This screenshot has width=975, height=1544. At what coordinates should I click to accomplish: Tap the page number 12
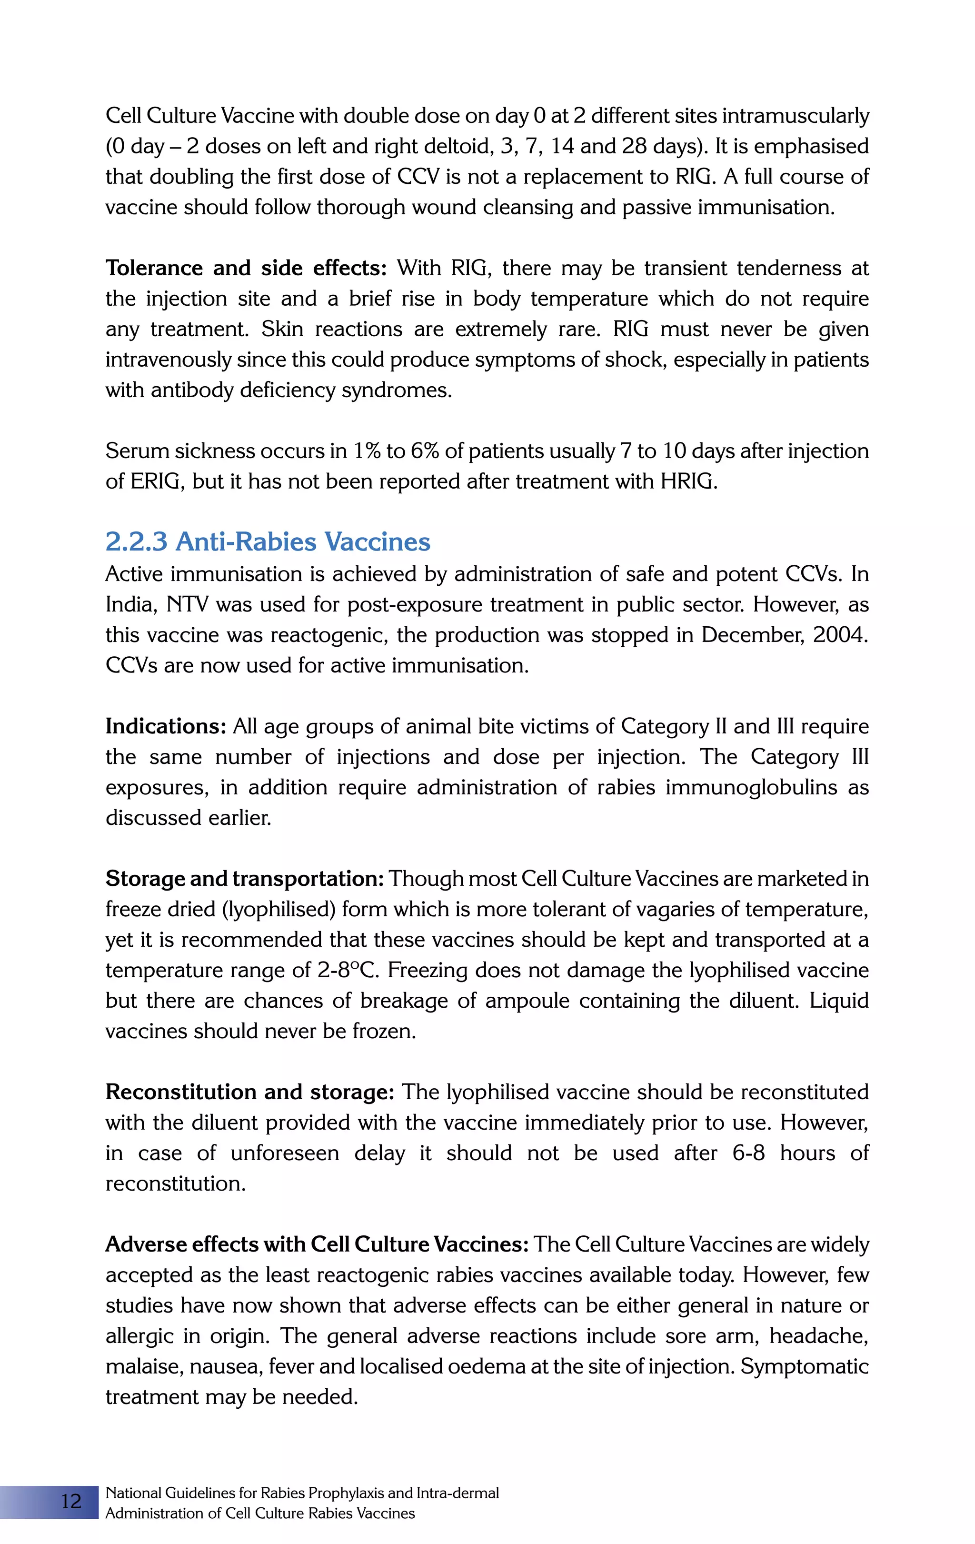(71, 1502)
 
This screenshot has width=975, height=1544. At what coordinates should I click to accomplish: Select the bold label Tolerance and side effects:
(246, 268)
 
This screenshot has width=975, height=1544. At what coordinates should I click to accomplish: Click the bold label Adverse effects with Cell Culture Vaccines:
(317, 1244)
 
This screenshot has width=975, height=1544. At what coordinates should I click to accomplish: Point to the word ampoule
(527, 1001)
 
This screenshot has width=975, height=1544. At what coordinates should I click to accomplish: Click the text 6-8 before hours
(748, 1153)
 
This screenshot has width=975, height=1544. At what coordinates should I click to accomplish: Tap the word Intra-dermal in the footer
(457, 1493)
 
